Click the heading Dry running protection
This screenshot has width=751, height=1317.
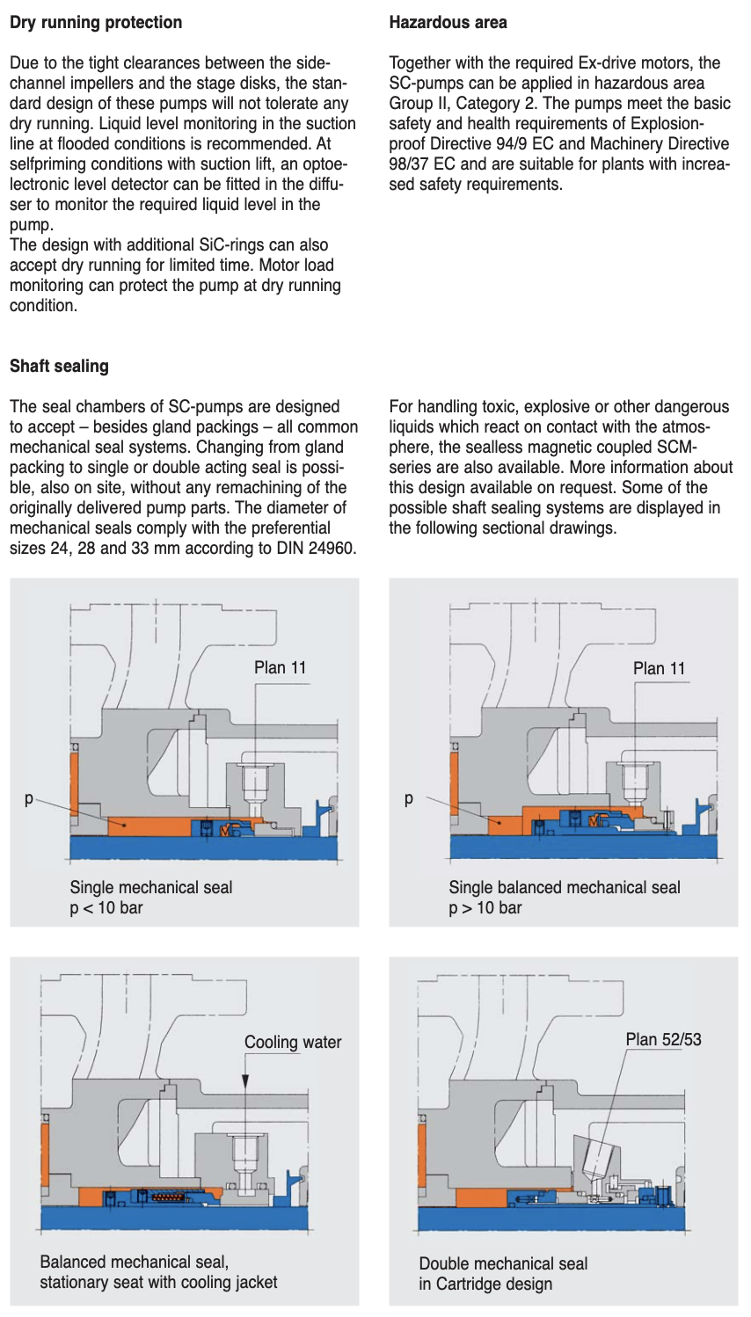[96, 22]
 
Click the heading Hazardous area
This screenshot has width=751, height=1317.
[448, 22]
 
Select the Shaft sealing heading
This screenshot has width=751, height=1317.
[59, 366]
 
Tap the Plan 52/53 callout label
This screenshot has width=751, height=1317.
[663, 1039]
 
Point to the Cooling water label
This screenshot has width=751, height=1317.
[293, 1042]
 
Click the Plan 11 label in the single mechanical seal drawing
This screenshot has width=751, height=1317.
[280, 667]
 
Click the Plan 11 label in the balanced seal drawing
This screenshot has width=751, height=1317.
[659, 668]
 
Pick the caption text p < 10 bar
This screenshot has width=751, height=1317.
[106, 907]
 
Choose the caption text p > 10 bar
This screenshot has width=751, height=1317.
[485, 907]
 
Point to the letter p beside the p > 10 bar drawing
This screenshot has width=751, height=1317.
[408, 800]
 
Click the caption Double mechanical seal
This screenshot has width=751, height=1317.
[503, 1263]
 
